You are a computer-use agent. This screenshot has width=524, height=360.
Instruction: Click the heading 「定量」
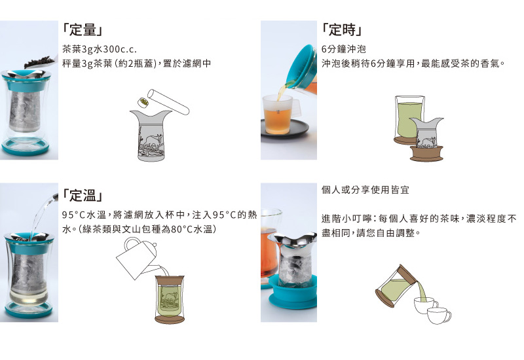(x=83, y=29)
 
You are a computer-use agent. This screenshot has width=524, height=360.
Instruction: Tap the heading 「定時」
(x=341, y=29)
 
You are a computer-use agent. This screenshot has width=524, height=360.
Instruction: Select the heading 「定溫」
(x=83, y=195)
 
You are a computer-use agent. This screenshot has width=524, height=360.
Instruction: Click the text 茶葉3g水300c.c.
(x=100, y=50)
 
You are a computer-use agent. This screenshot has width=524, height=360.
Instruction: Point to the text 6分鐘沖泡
(x=343, y=50)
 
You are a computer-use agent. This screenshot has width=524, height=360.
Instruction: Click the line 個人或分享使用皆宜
(x=365, y=190)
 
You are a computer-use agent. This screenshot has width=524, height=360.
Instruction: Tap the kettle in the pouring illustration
(x=136, y=257)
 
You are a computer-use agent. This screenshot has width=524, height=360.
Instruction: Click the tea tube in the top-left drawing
(x=168, y=101)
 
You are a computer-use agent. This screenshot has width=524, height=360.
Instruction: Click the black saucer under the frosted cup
(x=284, y=132)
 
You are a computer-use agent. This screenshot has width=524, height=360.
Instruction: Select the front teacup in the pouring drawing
(x=439, y=315)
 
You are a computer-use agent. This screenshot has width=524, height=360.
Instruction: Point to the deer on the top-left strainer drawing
(x=154, y=140)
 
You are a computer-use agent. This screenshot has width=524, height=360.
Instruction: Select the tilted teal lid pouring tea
(x=303, y=67)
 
